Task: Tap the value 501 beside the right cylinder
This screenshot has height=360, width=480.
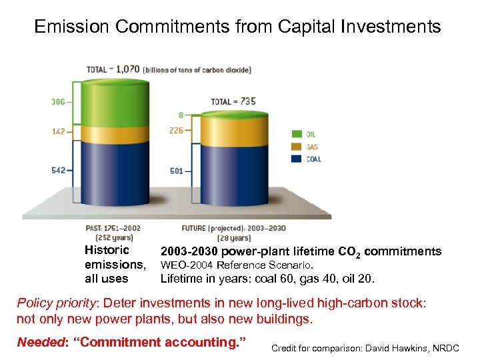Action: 177,171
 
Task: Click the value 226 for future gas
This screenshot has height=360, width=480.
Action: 177,131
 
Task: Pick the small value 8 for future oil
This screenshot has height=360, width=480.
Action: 181,115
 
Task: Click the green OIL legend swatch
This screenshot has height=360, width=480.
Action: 297,134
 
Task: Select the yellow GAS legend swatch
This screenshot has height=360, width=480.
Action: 297,147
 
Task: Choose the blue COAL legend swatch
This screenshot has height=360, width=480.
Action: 297,159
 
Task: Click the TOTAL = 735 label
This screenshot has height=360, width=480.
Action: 233,101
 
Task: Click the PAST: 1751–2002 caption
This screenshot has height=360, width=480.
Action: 113,228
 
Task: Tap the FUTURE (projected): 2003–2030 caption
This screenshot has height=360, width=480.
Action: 234,228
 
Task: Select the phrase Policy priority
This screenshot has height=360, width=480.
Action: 56,303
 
